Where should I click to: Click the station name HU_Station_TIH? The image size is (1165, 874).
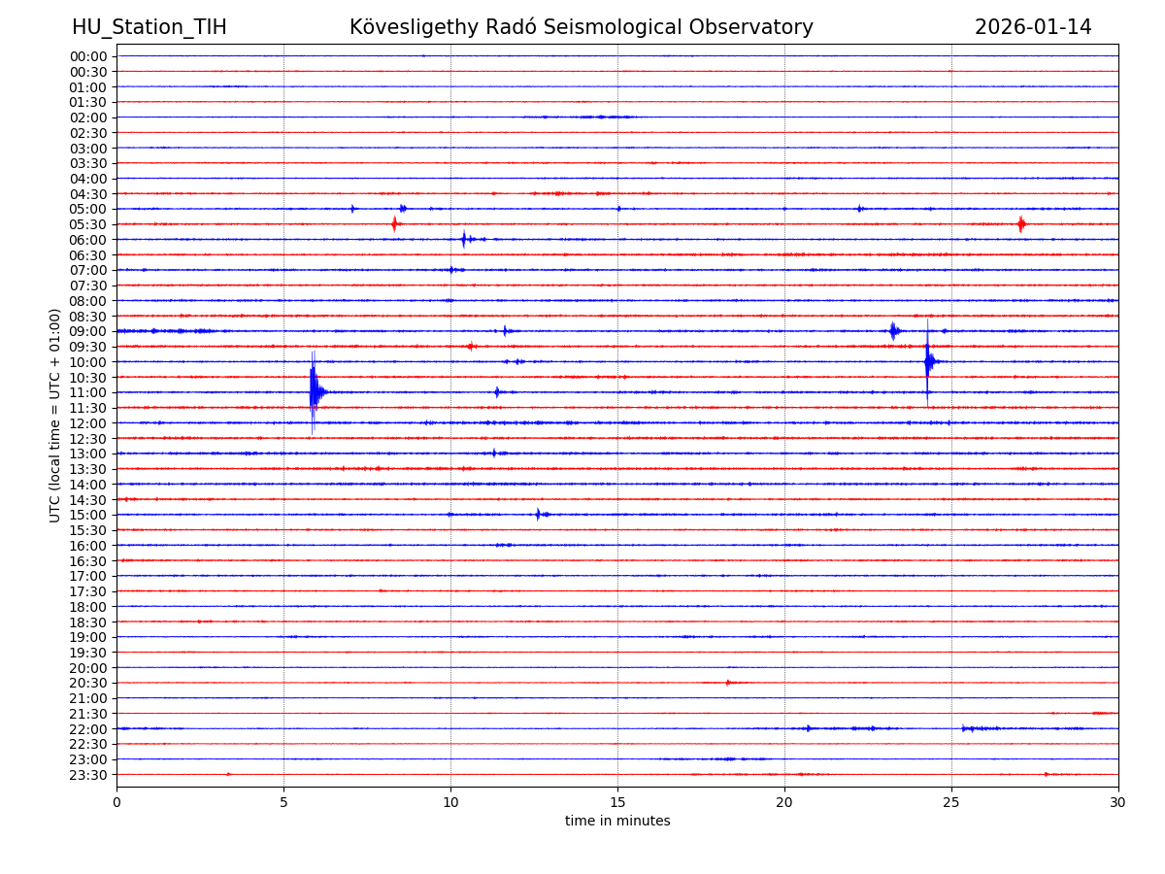[149, 28]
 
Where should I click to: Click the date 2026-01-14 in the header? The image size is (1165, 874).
[1033, 28]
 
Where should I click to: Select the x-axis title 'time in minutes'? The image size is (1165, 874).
[617, 822]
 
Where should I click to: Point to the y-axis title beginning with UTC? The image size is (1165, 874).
[55, 415]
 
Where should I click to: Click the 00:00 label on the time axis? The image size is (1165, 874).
[88, 56]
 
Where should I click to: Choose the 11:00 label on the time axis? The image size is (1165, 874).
[88, 392]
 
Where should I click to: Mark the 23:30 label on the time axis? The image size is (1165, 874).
[88, 775]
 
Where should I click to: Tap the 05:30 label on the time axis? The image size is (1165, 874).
[88, 224]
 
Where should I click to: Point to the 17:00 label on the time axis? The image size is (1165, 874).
[88, 576]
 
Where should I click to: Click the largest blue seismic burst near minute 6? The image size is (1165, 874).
[314, 391]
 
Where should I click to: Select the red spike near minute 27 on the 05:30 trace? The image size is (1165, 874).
[1021, 224]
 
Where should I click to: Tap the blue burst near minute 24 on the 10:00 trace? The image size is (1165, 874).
[928, 362]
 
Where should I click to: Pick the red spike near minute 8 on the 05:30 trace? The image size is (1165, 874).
[394, 224]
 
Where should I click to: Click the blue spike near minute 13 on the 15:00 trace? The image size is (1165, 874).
[538, 514]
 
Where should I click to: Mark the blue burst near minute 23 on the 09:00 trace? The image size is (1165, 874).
[893, 331]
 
